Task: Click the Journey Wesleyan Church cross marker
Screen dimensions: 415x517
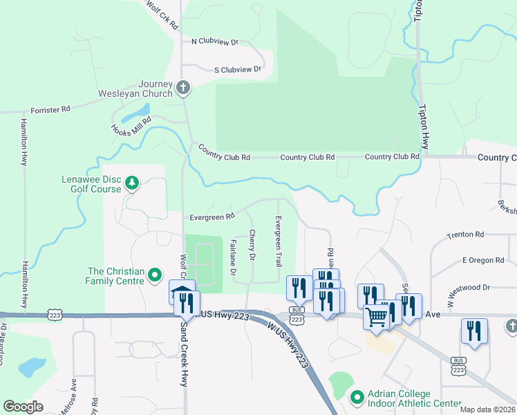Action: point(182,87)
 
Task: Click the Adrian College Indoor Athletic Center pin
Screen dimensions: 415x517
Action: point(357,398)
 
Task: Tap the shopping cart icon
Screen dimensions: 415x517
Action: point(376,317)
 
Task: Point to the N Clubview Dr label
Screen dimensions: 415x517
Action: point(214,41)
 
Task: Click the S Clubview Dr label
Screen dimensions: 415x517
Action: point(238,69)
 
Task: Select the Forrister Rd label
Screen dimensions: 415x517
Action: point(50,109)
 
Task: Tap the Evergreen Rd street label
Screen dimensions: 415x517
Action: point(212,217)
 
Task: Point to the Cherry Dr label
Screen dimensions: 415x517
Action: point(252,246)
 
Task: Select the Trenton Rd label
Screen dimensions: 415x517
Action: point(465,235)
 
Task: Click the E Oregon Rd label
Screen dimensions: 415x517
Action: point(483,260)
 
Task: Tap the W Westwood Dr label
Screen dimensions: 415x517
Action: point(468,286)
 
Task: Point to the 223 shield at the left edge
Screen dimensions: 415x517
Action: point(55,315)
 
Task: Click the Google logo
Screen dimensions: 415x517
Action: point(23,407)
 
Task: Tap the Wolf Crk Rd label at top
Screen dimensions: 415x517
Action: point(162,14)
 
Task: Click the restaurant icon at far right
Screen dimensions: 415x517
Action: point(474,330)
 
